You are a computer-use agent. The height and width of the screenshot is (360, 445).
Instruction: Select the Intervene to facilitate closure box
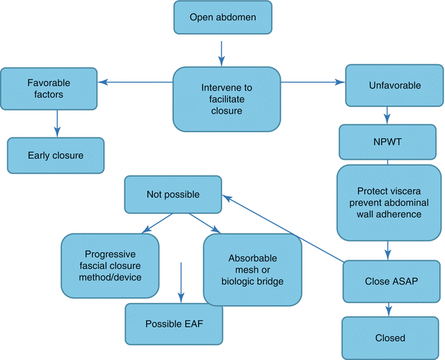click(226, 99)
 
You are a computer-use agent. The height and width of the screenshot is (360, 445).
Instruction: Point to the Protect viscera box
click(389, 203)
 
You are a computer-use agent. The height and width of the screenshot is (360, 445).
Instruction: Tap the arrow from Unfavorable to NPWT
click(389, 114)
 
